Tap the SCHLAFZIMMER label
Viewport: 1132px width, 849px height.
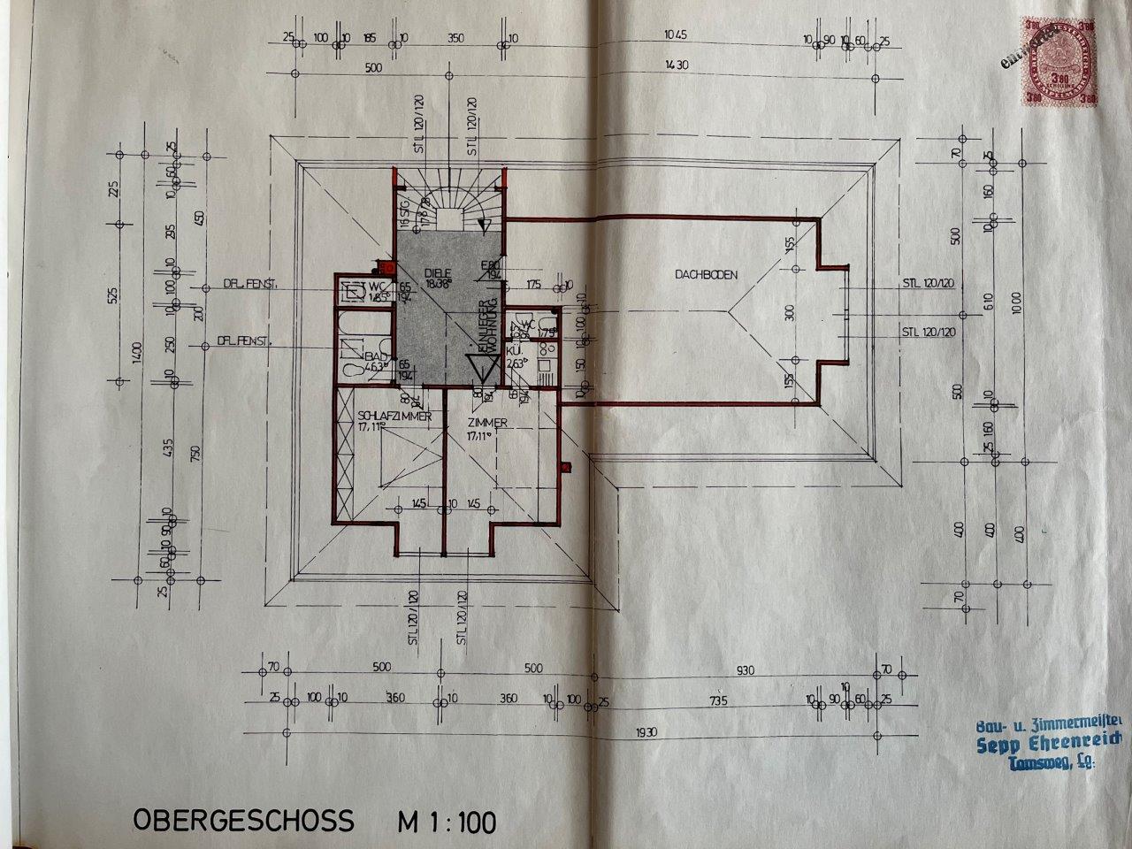[394, 416]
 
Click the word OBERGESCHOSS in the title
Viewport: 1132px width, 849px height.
[243, 819]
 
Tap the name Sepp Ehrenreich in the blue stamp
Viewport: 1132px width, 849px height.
[1048, 744]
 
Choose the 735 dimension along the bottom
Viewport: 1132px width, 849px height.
[717, 700]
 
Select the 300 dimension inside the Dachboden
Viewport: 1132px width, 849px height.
[790, 311]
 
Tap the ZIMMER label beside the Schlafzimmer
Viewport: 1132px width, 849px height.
[487, 424]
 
